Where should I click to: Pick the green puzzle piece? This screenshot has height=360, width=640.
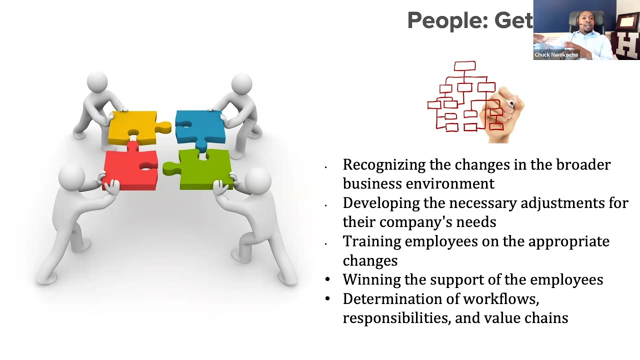[x=202, y=170]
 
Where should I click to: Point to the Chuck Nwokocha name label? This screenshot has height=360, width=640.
[x=556, y=55]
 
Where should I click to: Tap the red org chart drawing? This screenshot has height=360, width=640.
[x=460, y=97]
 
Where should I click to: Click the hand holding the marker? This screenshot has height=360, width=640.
[x=502, y=112]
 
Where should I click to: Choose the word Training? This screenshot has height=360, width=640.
[x=371, y=241]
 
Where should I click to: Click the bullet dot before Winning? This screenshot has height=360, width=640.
[x=327, y=279]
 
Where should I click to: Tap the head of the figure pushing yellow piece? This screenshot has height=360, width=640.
[x=97, y=82]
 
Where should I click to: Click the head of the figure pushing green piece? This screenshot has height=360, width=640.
[x=257, y=179]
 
